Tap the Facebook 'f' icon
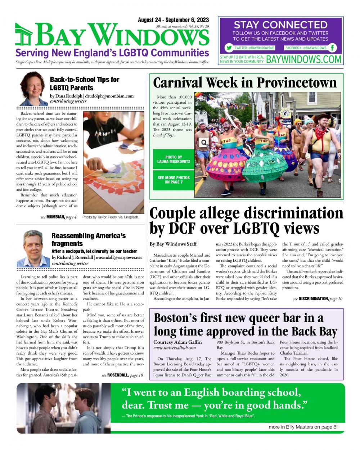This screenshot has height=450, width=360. point(333,48)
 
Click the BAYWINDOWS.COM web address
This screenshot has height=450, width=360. point(303,59)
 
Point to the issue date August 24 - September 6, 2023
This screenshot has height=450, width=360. point(173,20)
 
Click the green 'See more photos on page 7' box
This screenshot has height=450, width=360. point(174,180)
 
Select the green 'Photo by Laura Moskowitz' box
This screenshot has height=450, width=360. point(174,159)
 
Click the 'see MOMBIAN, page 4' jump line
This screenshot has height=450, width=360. point(59,217)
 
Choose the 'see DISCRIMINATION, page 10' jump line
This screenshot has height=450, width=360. point(318,299)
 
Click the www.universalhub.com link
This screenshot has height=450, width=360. point(175,348)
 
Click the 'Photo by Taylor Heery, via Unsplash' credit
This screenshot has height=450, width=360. point(111,217)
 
